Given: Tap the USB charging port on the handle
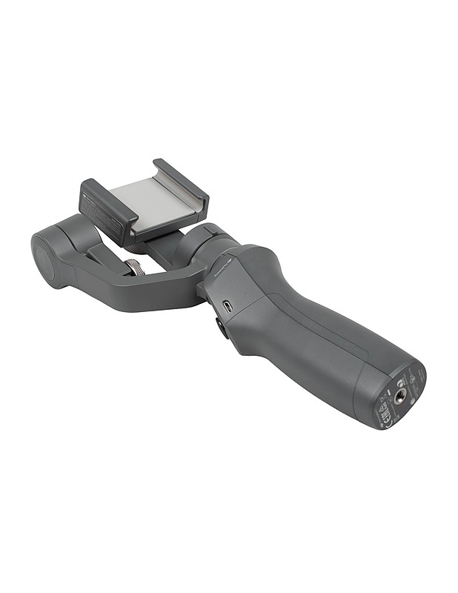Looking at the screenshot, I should tap(228, 306).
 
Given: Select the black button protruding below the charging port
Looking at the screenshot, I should tap(222, 327).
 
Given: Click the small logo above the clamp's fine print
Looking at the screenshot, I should tap(87, 194).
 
